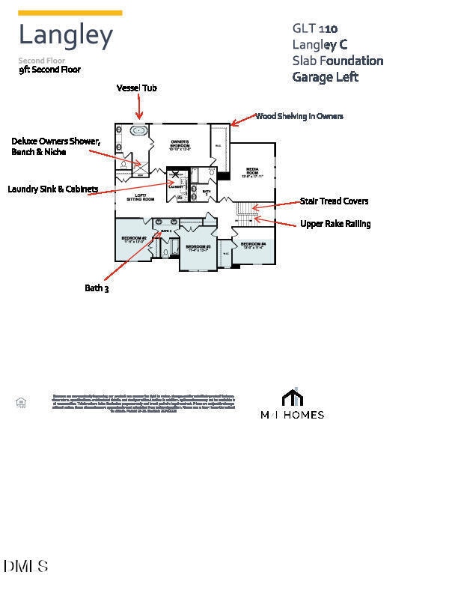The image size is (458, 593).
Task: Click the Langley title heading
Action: pos(66,35)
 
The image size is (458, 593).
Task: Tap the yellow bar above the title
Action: pos(70,13)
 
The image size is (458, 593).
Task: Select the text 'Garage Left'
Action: pos(325,76)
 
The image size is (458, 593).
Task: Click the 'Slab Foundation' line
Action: pos(338,61)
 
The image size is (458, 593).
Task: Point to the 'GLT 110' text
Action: pos(314,28)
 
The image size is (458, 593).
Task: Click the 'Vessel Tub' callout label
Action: pos(136,88)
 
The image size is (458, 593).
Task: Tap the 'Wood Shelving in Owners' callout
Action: pos(299,116)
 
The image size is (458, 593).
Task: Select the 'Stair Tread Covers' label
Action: pos(334,201)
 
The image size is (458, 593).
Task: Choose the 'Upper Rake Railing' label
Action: pos(335,223)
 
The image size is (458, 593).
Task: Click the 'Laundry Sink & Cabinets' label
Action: pos(52,189)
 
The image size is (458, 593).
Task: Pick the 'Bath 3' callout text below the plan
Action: pos(97,288)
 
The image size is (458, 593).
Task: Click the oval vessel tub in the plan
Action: pos(139,130)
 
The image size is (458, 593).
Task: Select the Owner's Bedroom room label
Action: pos(179,144)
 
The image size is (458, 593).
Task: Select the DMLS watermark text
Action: pos(25,566)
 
